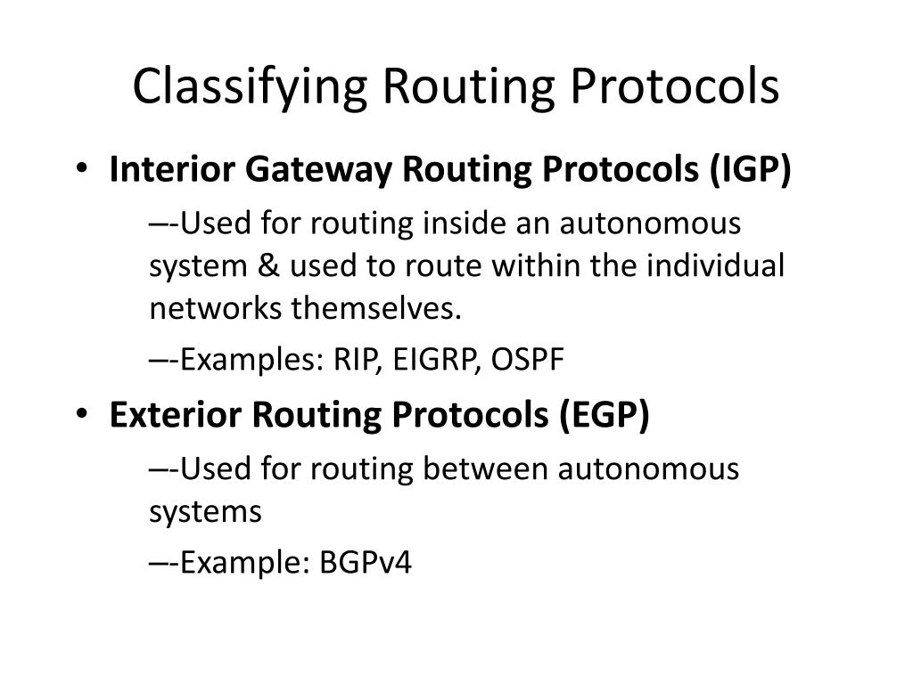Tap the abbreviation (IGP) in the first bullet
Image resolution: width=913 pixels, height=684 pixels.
751,170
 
